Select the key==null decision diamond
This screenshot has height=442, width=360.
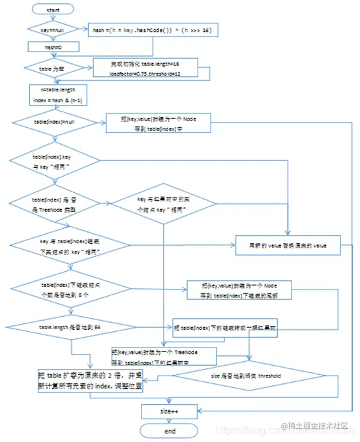(x=52, y=29)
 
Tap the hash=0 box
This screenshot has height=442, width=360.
(x=52, y=46)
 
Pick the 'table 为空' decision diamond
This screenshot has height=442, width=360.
(x=52, y=67)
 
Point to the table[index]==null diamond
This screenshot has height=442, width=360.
(x=55, y=121)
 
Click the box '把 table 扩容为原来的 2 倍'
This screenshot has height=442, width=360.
(x=89, y=379)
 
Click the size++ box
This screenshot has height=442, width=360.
(x=170, y=412)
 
